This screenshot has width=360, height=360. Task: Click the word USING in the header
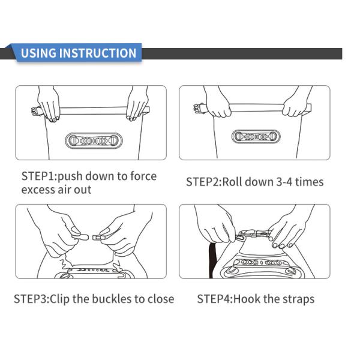[x=38, y=53]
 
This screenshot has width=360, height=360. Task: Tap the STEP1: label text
[x=39, y=176]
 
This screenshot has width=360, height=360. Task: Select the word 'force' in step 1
[x=143, y=176]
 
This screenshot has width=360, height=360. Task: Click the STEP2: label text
[x=203, y=182]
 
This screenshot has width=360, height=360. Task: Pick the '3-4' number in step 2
[x=284, y=182]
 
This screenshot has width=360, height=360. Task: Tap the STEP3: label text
[x=31, y=299]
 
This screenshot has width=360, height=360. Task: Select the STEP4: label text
[x=215, y=299]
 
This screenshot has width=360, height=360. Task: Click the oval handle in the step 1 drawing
[x=94, y=140]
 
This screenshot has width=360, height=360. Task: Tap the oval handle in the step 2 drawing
[x=256, y=136]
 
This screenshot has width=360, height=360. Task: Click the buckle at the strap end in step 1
[x=36, y=112]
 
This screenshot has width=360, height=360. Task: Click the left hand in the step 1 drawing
[x=48, y=103]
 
